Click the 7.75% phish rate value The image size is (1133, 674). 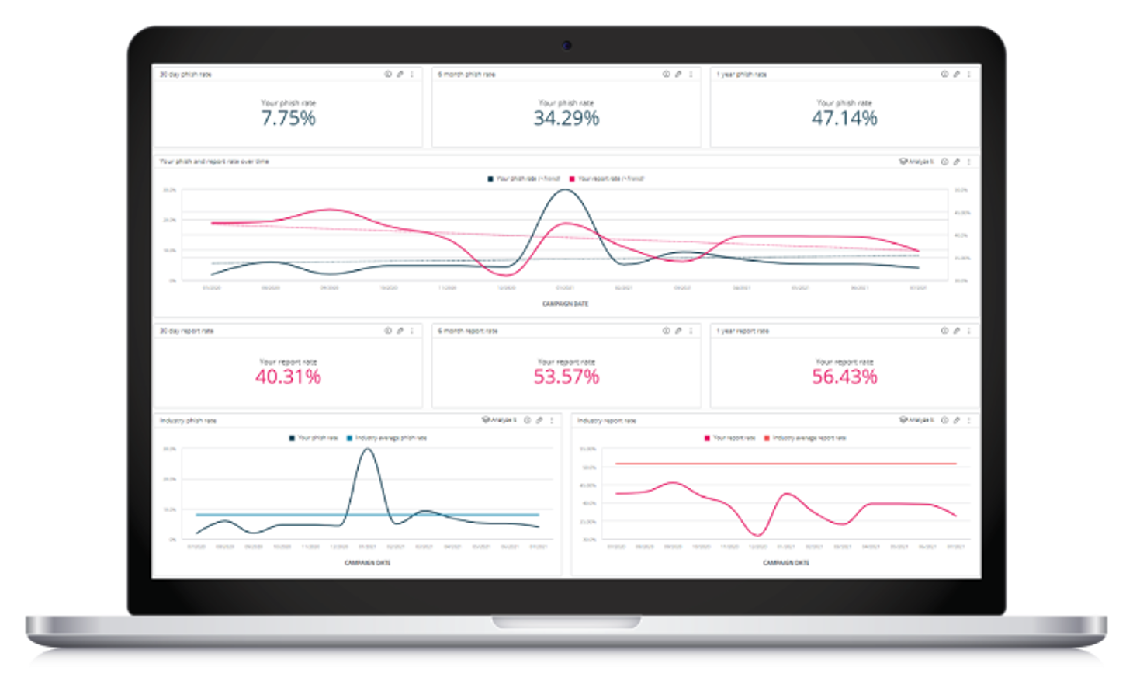pyautogui.click(x=288, y=118)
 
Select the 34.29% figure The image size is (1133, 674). pyautogui.click(x=566, y=118)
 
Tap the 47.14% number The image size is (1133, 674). pyautogui.click(x=844, y=118)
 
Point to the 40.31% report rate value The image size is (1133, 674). pyautogui.click(x=288, y=377)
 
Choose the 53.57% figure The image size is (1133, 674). pyautogui.click(x=566, y=377)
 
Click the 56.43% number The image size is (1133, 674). pyautogui.click(x=844, y=377)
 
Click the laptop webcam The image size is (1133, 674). pyautogui.click(x=566, y=45)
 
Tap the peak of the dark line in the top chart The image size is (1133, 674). pyautogui.click(x=565, y=189)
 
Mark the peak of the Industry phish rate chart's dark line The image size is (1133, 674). pyautogui.click(x=368, y=449)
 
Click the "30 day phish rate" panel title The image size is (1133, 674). pyautogui.click(x=185, y=75)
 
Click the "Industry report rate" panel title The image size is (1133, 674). pyautogui.click(x=607, y=420)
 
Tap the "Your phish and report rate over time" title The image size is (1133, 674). pyautogui.click(x=214, y=162)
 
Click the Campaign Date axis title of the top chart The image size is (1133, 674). pyautogui.click(x=565, y=304)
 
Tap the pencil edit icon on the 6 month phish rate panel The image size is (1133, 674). pyautogui.click(x=678, y=75)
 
